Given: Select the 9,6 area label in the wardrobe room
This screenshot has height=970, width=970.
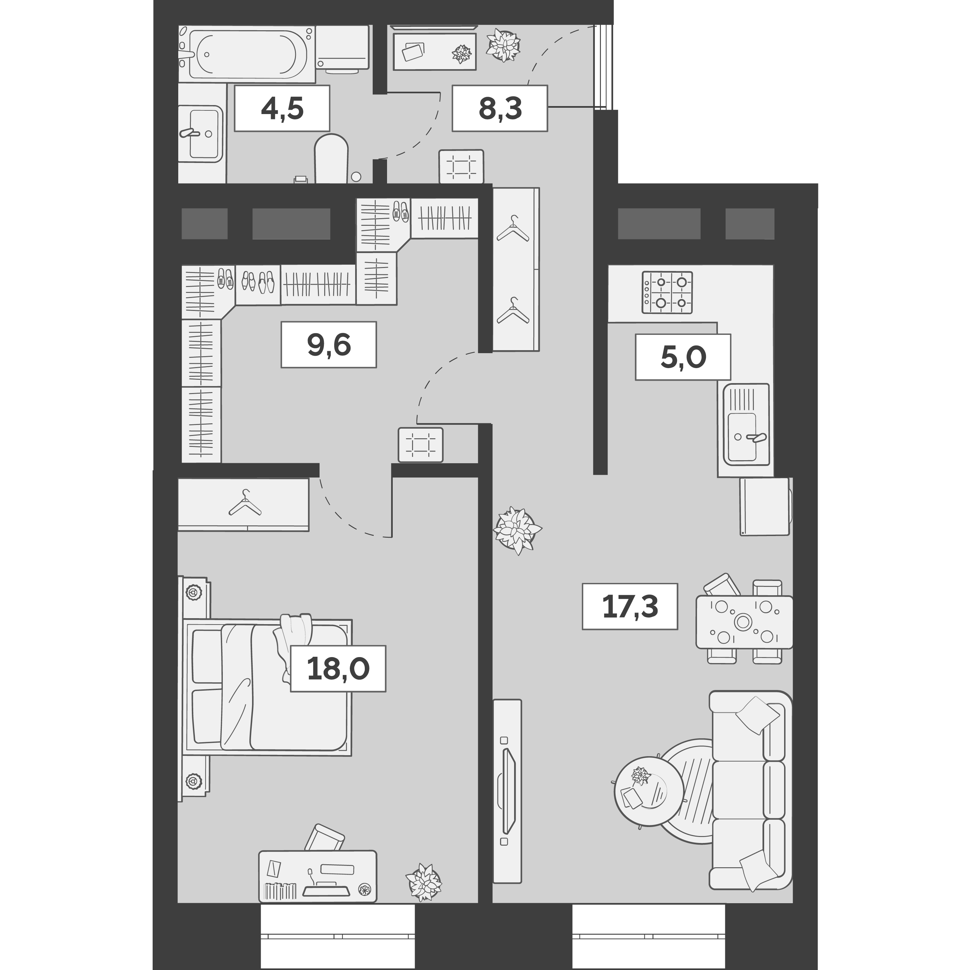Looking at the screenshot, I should click(328, 345).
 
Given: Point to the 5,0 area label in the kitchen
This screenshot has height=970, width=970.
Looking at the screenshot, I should click(682, 356).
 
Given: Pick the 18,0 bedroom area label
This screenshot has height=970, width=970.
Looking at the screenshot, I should click(338, 668).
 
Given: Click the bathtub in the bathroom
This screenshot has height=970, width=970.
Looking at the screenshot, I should click(247, 54).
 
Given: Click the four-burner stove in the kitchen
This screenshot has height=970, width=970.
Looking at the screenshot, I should click(667, 292).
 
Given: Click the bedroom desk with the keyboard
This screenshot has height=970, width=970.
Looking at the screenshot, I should click(317, 876).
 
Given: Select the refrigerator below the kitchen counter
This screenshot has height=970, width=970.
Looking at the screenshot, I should click(764, 506).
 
